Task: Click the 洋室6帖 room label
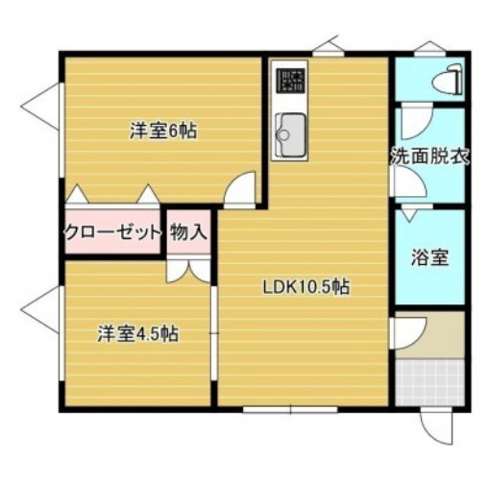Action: tap(163, 131)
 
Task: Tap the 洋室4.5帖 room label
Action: tap(138, 334)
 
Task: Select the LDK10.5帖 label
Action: tap(306, 287)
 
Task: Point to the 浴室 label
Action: tap(429, 257)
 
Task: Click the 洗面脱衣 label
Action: tap(430, 157)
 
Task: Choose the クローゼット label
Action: tap(112, 232)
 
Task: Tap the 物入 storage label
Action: tap(188, 231)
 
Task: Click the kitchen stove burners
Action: tap(291, 81)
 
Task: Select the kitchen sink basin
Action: tap(291, 134)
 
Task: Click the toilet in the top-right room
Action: tap(448, 80)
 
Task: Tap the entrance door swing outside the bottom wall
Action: tap(436, 427)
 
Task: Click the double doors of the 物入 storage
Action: tap(188, 271)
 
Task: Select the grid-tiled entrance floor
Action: tap(429, 382)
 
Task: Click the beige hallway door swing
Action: tap(410, 333)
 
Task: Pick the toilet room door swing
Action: tap(416, 122)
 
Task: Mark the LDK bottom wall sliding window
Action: tap(290, 409)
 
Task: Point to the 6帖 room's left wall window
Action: tap(61, 131)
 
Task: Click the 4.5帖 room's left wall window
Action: tap(61, 333)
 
